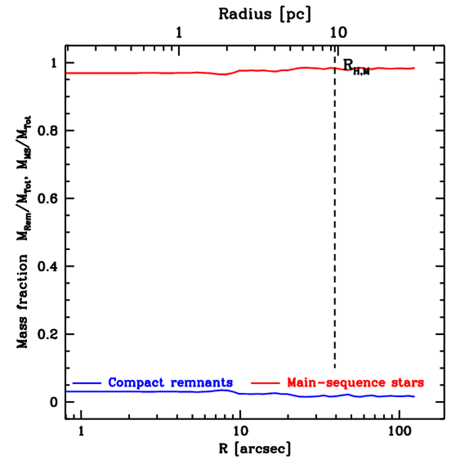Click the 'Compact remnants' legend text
click(x=170, y=382)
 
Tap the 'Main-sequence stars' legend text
click(x=355, y=382)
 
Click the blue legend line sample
click(x=87, y=382)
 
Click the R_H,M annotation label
click(x=356, y=67)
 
